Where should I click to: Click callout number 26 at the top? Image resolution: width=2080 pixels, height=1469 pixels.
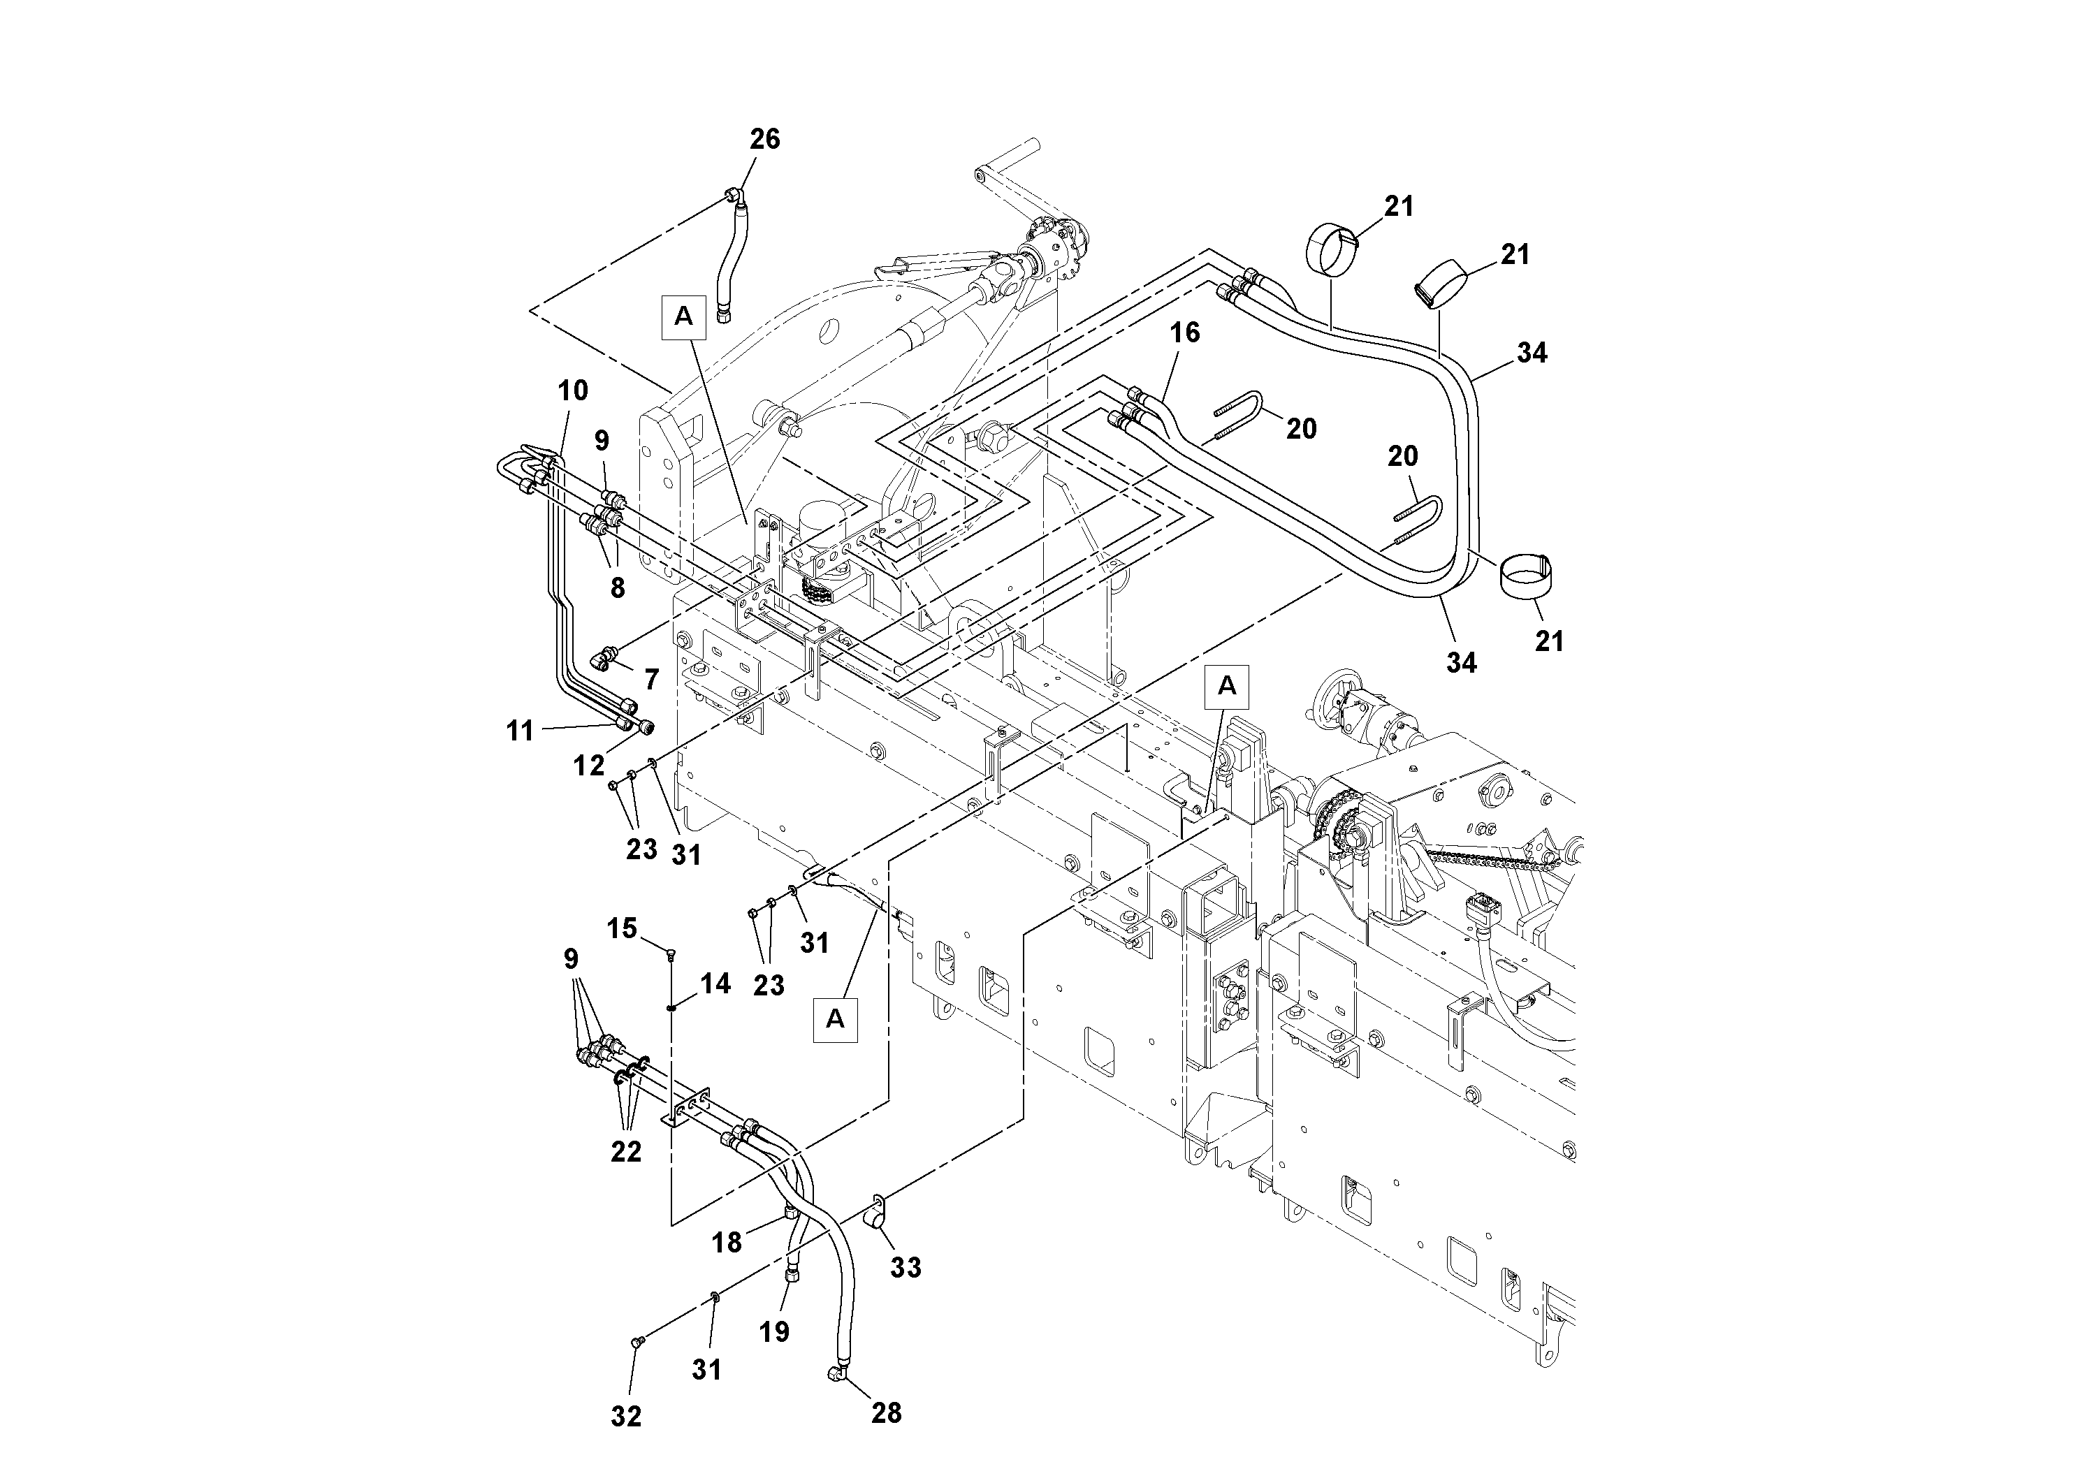click(x=764, y=140)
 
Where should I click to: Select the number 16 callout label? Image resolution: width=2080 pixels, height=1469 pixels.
click(x=1184, y=333)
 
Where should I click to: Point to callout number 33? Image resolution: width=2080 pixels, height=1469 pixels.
click(x=905, y=1267)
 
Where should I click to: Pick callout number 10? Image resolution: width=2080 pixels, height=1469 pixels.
click(x=572, y=391)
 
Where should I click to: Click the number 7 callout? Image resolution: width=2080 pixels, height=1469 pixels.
click(x=651, y=679)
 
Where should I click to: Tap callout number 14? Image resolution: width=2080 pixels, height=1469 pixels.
click(x=715, y=984)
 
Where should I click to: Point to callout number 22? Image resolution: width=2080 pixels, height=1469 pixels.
click(x=626, y=1151)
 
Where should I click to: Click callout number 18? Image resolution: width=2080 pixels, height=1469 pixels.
click(x=727, y=1243)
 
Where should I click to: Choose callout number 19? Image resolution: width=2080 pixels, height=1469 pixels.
click(x=775, y=1331)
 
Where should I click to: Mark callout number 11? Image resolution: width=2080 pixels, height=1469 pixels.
click(x=520, y=730)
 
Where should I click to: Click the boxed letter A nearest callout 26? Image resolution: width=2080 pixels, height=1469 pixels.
click(x=684, y=316)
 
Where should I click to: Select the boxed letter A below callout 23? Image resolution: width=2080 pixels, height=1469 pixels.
click(x=835, y=1019)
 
